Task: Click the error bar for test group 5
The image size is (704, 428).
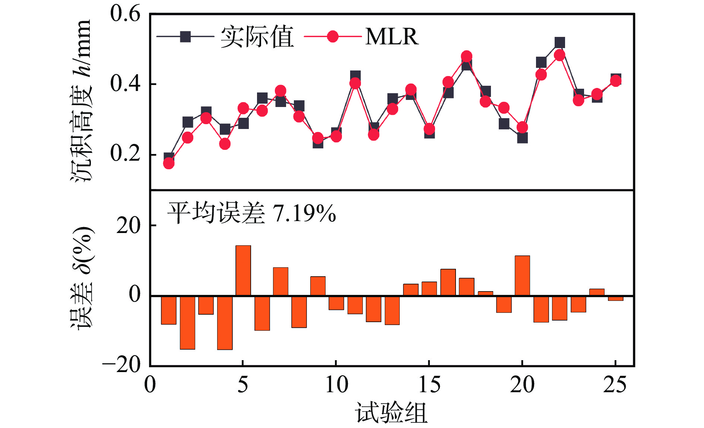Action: [x=243, y=270]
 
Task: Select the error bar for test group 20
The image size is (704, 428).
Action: [x=522, y=276]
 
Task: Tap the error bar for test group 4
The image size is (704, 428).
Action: [x=225, y=323]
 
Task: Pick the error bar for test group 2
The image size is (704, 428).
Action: [x=187, y=322]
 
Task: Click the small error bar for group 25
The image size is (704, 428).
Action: [x=615, y=298]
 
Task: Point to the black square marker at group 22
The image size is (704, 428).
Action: [x=559, y=43]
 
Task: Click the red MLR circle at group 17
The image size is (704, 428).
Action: [x=466, y=56]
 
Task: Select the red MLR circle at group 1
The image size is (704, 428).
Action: [x=169, y=163]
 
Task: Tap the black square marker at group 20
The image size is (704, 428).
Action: [x=522, y=138]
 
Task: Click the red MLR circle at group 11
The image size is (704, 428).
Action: [x=355, y=83]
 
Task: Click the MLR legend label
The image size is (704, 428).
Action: [x=392, y=37]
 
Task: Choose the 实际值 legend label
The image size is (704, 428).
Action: [x=257, y=37]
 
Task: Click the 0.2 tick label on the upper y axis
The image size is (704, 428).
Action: [x=125, y=154]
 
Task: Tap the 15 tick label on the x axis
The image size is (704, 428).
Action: [x=429, y=385]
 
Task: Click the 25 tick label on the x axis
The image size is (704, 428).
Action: [x=615, y=385]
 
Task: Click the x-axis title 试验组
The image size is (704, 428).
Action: [x=391, y=413]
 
